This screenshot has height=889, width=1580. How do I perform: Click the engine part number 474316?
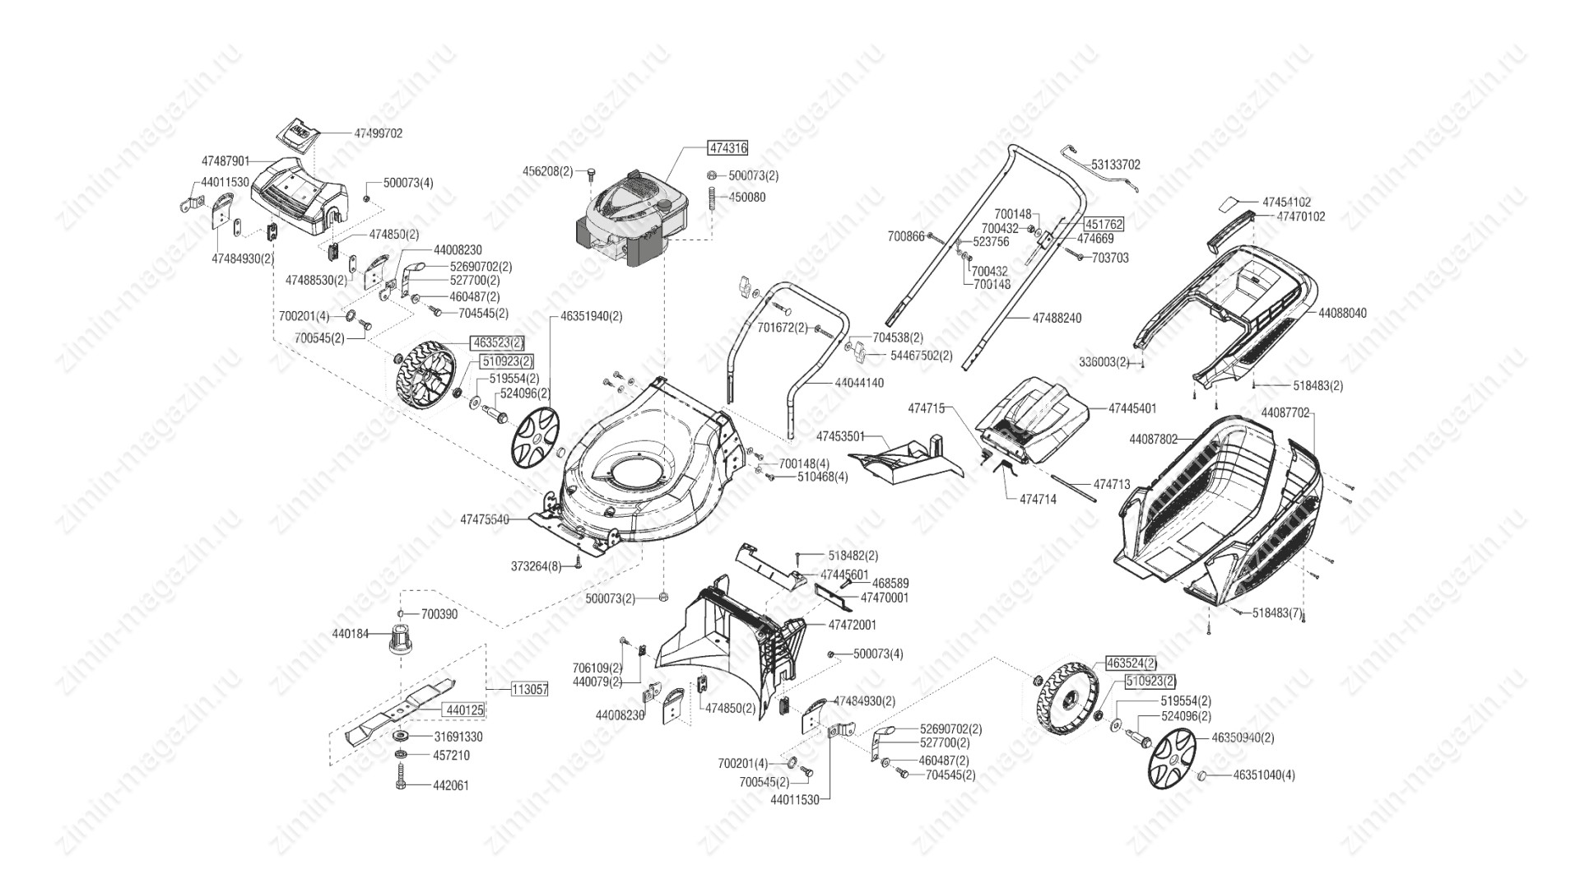[727, 148]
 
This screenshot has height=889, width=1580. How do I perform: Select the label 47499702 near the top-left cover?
[379, 133]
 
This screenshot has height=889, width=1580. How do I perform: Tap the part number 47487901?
[225, 161]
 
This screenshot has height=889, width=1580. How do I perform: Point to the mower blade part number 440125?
[464, 709]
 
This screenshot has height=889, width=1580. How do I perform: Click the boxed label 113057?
[530, 690]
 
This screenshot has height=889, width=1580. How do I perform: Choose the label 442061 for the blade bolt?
[451, 785]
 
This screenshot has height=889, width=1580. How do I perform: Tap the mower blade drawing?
[401, 709]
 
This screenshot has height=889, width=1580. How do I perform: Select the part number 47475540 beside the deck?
[485, 519]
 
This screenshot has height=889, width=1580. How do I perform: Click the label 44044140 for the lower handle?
[859, 383]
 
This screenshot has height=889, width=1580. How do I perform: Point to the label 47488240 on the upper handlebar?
[1057, 318]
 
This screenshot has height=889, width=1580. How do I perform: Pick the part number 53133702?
[1116, 165]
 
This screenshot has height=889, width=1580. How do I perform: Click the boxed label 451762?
[1103, 224]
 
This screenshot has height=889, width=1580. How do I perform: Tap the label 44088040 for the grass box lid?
[1342, 313]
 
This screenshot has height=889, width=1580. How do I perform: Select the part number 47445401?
[1132, 408]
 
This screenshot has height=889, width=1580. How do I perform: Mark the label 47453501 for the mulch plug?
[840, 435]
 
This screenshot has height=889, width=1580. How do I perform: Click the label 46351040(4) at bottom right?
[1263, 775]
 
